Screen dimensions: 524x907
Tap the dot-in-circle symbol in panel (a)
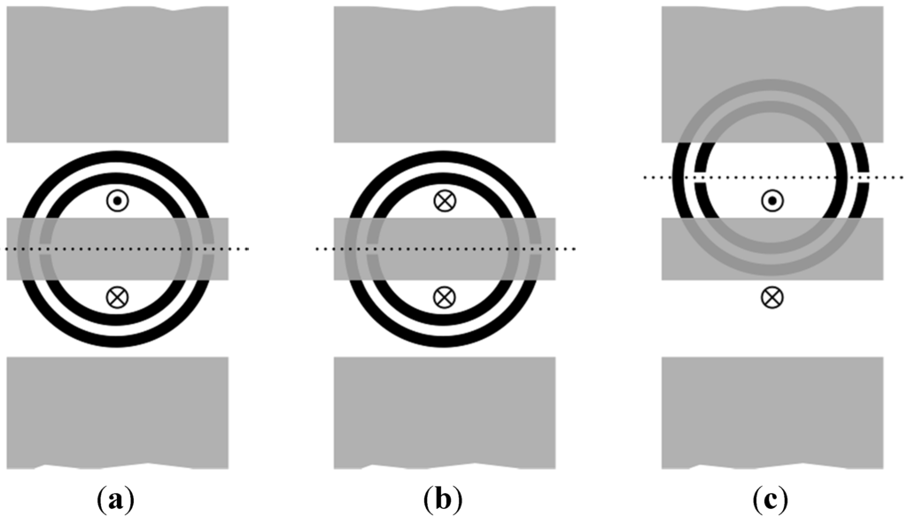(116, 201)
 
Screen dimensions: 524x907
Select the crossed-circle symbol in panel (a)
(116, 297)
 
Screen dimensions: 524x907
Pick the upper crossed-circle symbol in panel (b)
(444, 201)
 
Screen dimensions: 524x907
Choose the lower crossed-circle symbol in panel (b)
(444, 297)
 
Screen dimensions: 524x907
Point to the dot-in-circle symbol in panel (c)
(771, 201)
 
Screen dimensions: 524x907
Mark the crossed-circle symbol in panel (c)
(771, 297)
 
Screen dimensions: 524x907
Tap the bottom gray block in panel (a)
(116, 412)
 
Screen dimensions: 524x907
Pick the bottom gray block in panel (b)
(444, 412)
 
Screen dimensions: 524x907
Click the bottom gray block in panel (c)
(771, 412)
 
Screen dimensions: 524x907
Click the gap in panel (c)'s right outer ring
(865, 178)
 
